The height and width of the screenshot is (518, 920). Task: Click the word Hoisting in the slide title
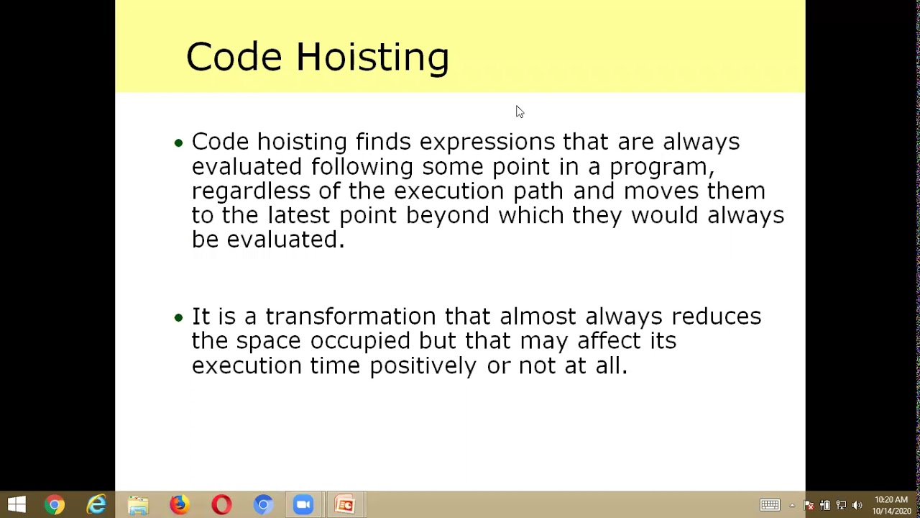click(x=372, y=57)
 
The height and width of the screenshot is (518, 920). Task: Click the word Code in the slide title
click(x=234, y=57)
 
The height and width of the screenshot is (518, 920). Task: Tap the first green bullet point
click(x=179, y=143)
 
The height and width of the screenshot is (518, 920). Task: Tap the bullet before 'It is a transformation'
click(x=179, y=317)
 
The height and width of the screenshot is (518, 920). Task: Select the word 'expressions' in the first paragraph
click(x=487, y=142)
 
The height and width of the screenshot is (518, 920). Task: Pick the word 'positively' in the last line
click(x=423, y=365)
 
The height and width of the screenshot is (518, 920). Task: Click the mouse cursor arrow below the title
click(x=520, y=112)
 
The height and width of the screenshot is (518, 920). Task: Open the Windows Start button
click(x=17, y=505)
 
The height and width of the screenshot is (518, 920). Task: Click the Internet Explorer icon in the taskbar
click(x=96, y=505)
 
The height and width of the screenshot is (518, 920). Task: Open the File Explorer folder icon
click(x=138, y=505)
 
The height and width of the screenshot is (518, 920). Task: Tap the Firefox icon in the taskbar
click(x=180, y=505)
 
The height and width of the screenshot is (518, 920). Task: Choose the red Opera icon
click(x=221, y=505)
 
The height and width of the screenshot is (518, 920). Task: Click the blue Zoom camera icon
click(x=303, y=505)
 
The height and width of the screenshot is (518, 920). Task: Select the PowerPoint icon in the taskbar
click(x=345, y=505)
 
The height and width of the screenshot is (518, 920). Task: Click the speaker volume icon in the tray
click(x=857, y=505)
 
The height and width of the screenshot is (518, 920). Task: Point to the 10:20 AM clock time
click(x=891, y=500)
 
